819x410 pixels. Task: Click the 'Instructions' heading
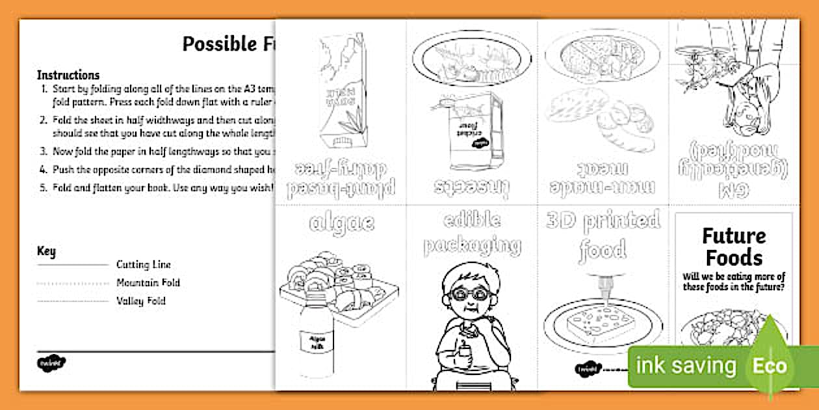[68, 75]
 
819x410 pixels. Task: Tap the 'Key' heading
[46, 251]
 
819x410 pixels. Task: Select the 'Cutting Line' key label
[144, 265]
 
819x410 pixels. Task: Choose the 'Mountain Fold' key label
[148, 282]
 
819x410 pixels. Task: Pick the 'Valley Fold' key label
[141, 301]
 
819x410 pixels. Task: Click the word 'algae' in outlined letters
[341, 223]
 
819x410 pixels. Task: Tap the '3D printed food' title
[603, 234]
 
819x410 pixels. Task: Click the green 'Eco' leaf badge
[770, 364]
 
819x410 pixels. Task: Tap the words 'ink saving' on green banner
[686, 366]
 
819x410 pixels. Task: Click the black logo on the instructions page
[51, 362]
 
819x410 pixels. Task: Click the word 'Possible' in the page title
[211, 44]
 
